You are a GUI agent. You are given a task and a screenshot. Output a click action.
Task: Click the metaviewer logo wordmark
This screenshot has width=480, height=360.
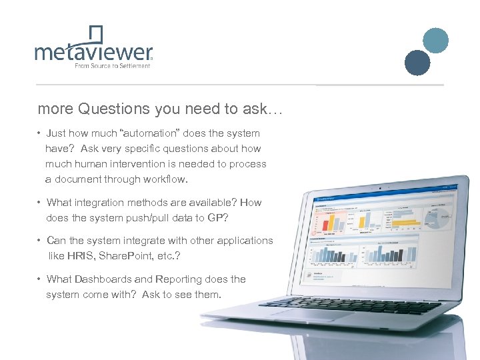tap(93, 52)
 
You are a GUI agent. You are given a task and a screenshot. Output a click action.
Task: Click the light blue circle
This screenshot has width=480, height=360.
tap(436, 40)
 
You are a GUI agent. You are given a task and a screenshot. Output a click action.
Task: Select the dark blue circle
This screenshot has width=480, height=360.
tap(418, 63)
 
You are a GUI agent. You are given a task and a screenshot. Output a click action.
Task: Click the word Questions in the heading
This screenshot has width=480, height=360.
tap(114, 109)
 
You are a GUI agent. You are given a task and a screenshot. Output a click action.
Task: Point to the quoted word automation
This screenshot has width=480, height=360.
tap(149, 133)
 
